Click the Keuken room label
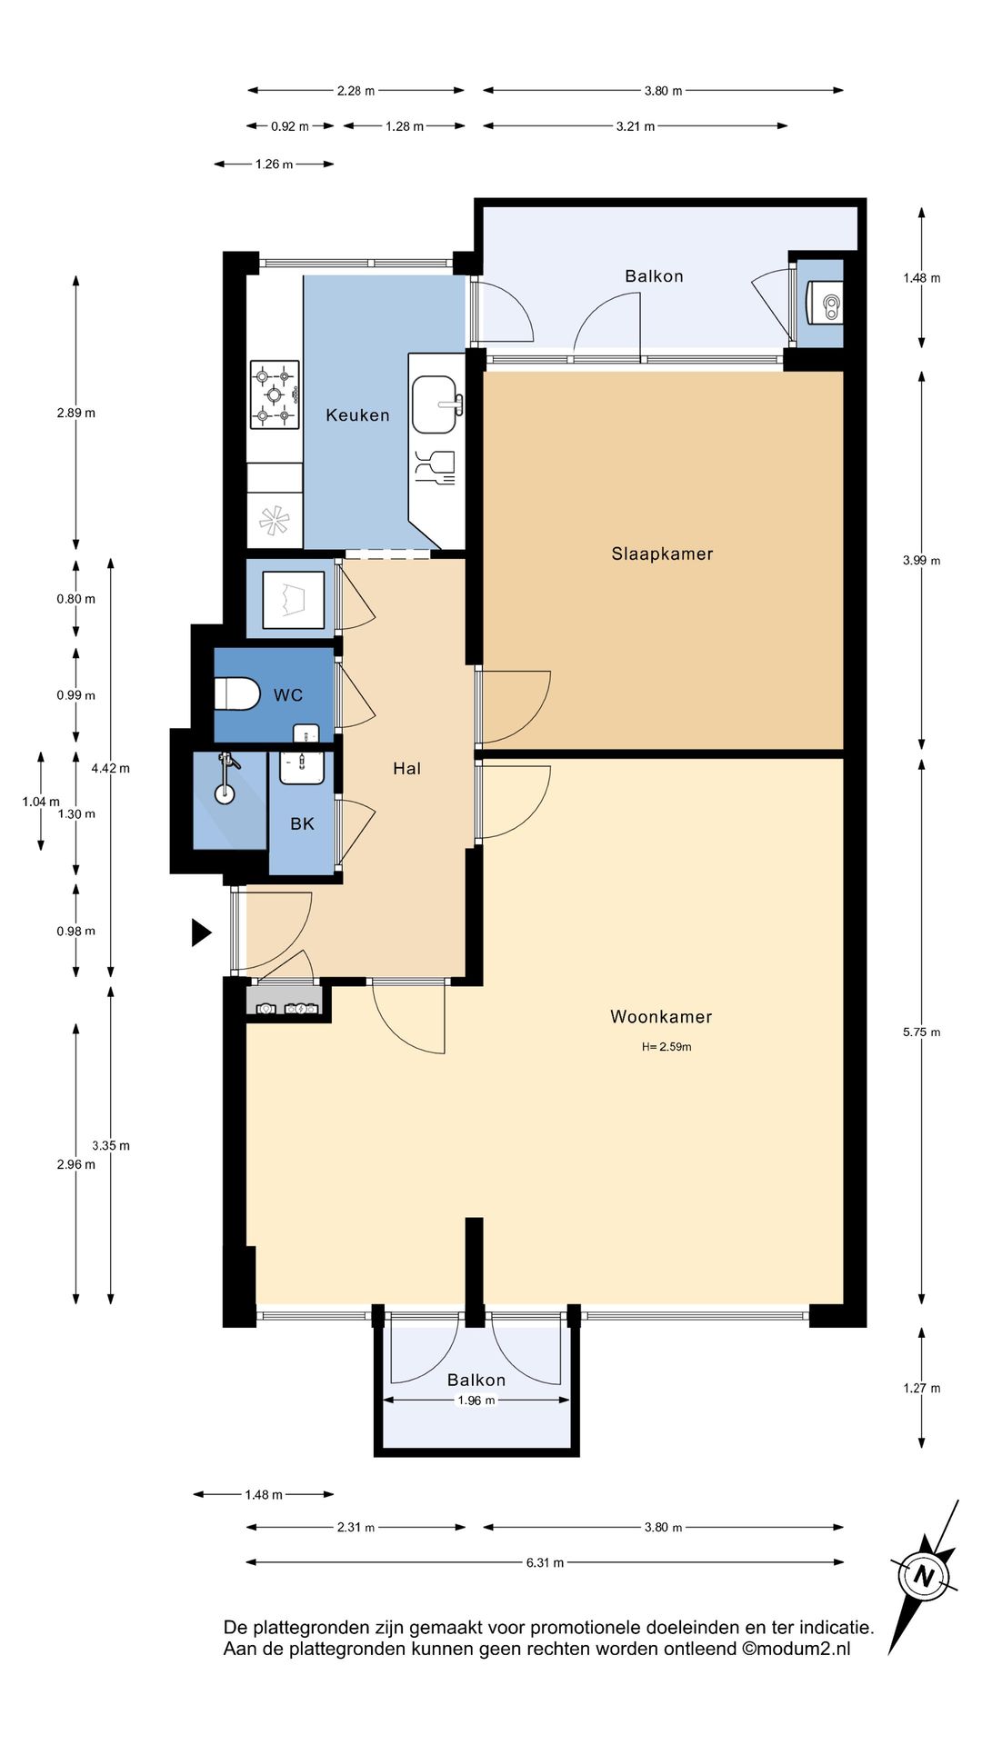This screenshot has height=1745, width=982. click(x=357, y=415)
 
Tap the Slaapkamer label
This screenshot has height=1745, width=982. click(x=662, y=553)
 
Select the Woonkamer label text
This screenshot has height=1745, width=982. click(x=661, y=1017)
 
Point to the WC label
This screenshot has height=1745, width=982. click(x=288, y=695)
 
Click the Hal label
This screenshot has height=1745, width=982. click(x=406, y=769)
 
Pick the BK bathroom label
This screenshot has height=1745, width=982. click(x=302, y=823)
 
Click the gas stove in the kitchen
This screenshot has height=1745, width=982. click(x=275, y=394)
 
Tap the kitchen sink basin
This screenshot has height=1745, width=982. click(x=436, y=404)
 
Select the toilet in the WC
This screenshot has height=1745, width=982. click(x=236, y=693)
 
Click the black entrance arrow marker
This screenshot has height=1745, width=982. click(x=201, y=932)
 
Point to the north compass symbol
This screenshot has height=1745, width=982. click(x=924, y=1575)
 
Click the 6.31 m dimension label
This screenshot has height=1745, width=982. click(x=545, y=1562)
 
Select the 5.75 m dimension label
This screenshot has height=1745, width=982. click(x=921, y=1032)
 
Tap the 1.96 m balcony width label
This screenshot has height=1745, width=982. click(x=476, y=1401)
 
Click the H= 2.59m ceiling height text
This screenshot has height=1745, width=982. click(x=666, y=1047)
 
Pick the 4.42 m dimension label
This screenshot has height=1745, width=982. click(x=110, y=769)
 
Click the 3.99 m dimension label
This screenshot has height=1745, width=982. click(x=921, y=561)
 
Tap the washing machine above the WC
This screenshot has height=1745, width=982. click(x=294, y=600)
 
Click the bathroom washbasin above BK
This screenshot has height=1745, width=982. click(x=301, y=768)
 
